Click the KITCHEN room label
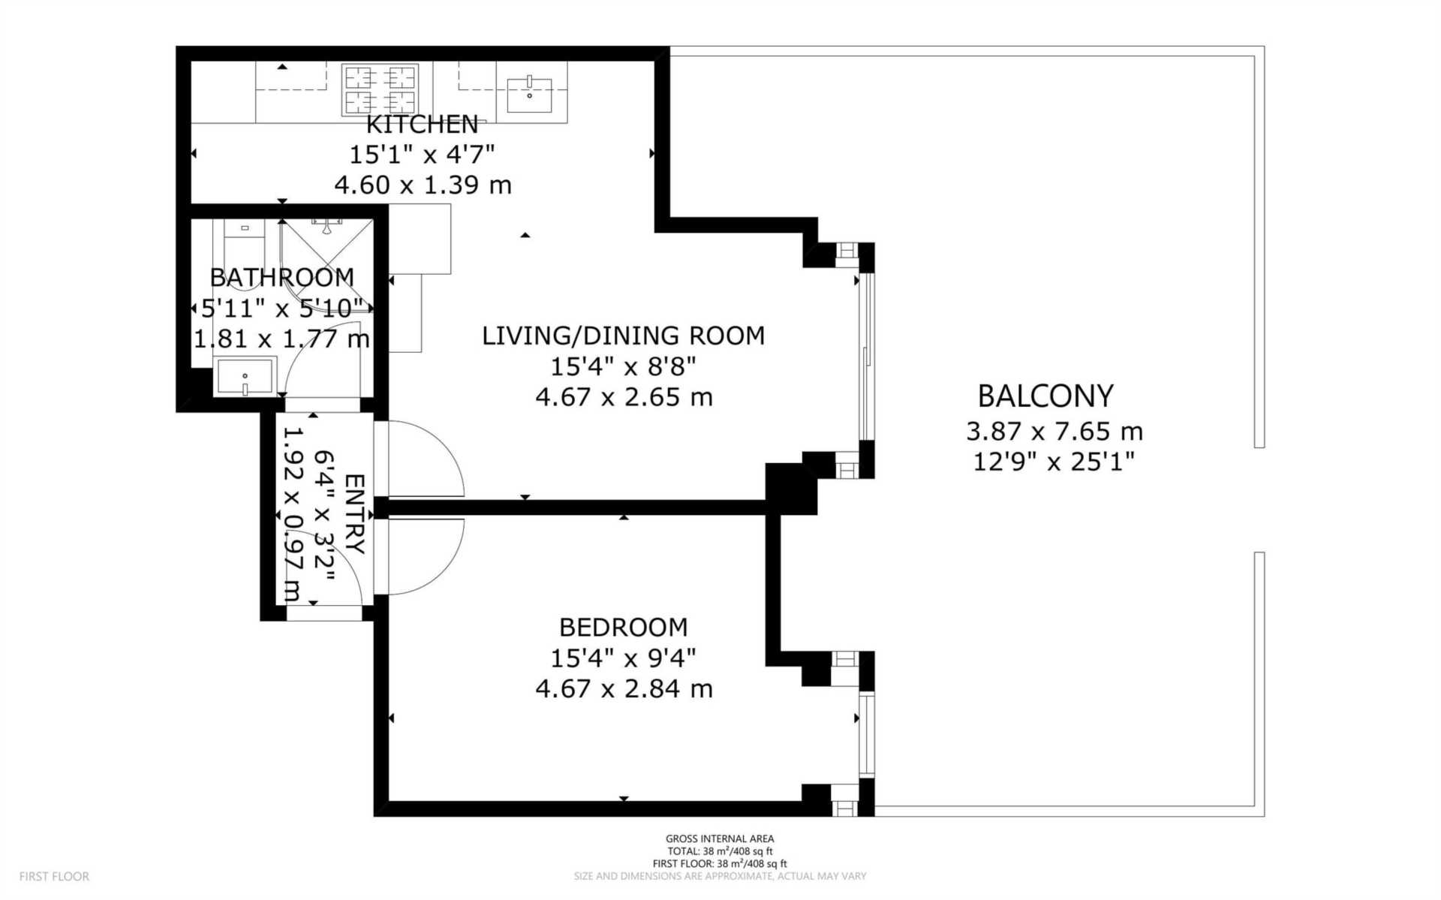(422, 124)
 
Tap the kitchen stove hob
(380, 89)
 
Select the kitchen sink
(529, 93)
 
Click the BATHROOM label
(281, 278)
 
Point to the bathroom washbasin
(245, 376)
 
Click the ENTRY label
(354, 513)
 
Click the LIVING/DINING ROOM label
(623, 336)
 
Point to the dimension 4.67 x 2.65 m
(624, 396)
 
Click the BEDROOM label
(623, 627)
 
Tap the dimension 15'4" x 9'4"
(623, 658)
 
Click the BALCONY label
(1045, 396)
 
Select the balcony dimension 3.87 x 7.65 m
(1054, 431)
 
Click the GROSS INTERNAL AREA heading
(720, 838)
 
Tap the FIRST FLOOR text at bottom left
(54, 876)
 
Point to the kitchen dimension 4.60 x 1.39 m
(423, 185)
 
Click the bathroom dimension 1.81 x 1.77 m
(281, 339)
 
